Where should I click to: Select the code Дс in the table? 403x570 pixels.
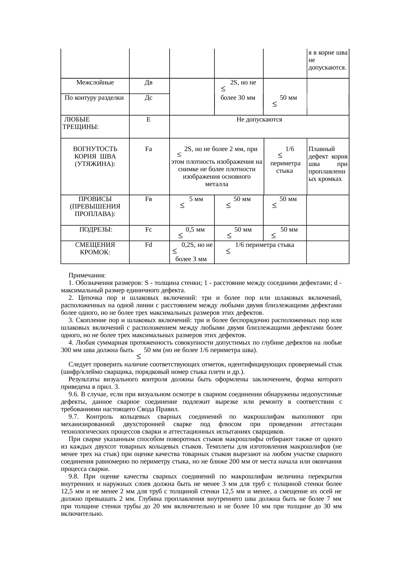[x=149, y=97]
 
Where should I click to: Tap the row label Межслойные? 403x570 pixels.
[x=95, y=82]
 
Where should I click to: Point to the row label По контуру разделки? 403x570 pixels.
[x=94, y=97]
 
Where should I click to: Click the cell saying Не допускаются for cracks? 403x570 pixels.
[x=259, y=120]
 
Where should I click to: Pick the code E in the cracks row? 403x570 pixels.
[x=149, y=120]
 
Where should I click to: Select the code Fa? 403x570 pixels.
[x=149, y=149]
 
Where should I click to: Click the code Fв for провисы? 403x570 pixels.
[x=149, y=199]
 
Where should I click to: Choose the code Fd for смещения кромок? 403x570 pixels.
[x=149, y=245]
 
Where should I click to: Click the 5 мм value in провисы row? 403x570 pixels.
[x=196, y=199]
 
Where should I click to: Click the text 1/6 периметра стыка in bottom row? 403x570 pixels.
[x=265, y=245]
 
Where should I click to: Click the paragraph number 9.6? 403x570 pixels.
[x=73, y=394]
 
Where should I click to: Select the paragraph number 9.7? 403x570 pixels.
[x=73, y=417]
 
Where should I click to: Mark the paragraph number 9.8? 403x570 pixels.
[x=73, y=476]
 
